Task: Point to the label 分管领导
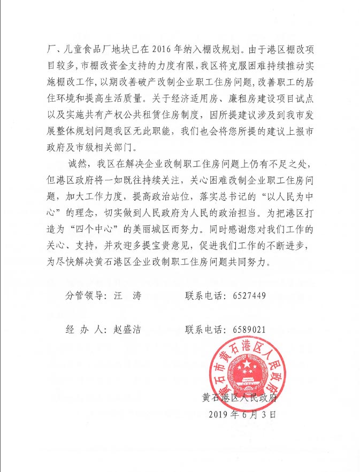(x=85, y=296)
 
